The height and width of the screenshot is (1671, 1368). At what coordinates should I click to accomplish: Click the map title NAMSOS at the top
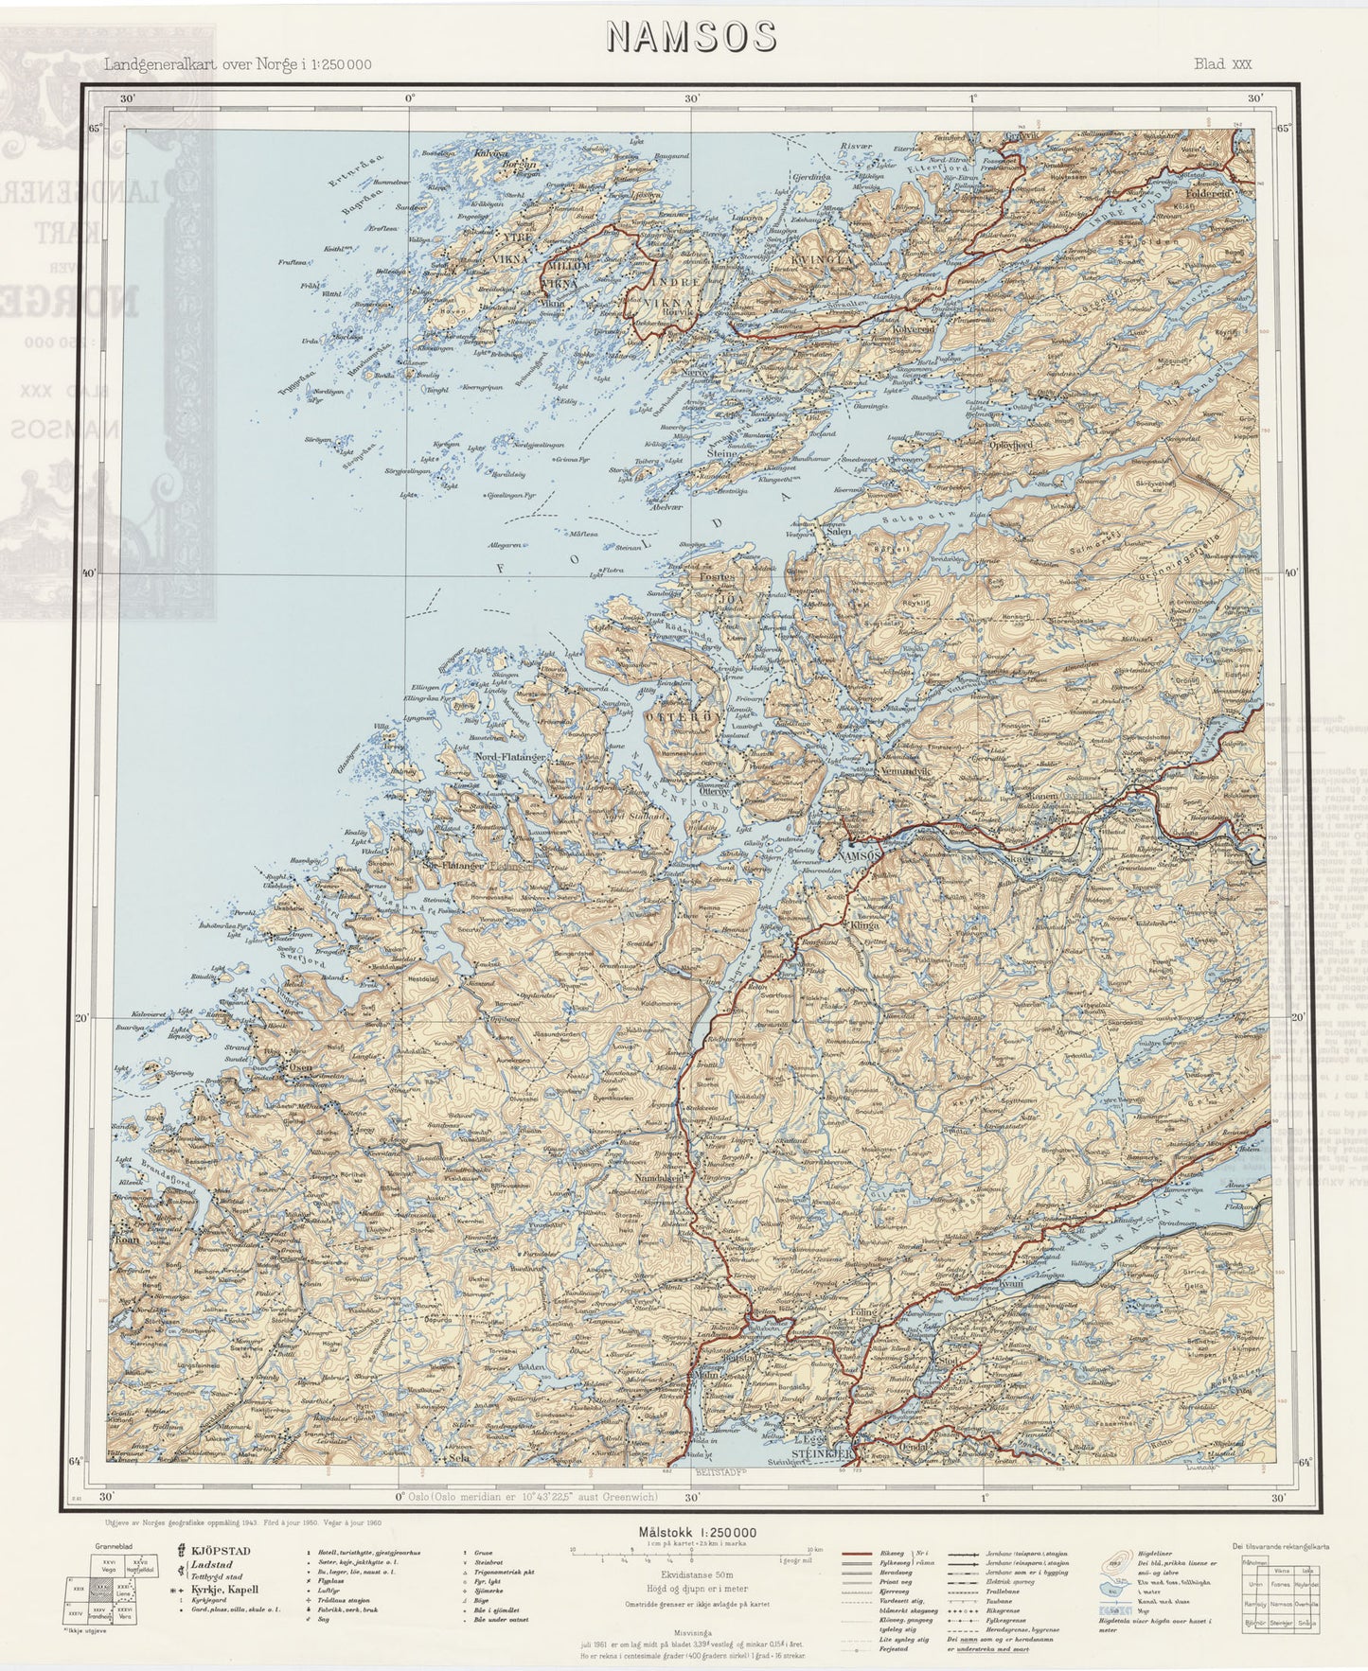coord(691,36)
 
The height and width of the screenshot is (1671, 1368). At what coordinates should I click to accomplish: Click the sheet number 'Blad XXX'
coord(1222,64)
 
